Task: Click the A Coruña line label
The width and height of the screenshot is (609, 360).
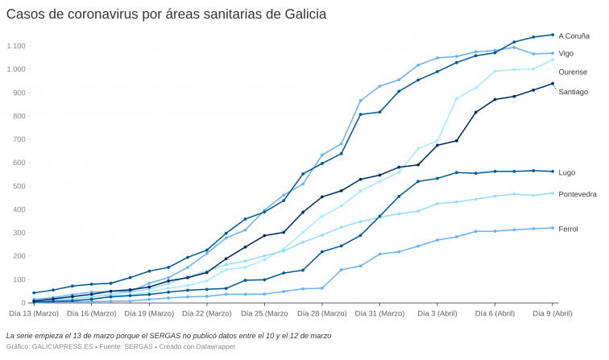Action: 574,36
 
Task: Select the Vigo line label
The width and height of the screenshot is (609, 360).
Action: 565,53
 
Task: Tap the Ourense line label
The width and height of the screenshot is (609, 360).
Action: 573,72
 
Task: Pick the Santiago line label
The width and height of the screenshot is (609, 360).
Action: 573,92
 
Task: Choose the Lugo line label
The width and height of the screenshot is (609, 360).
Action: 566,172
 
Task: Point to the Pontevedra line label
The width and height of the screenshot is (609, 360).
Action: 578,194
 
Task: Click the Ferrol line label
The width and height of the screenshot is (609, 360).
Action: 568,230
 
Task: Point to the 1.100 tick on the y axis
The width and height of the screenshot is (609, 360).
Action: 17,46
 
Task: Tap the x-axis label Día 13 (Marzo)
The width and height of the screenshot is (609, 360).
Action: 34,312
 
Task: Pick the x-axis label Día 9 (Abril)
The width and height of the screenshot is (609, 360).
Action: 553,312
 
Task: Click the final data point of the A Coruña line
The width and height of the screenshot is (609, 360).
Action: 553,35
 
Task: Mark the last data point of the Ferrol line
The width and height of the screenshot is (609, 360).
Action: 553,228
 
